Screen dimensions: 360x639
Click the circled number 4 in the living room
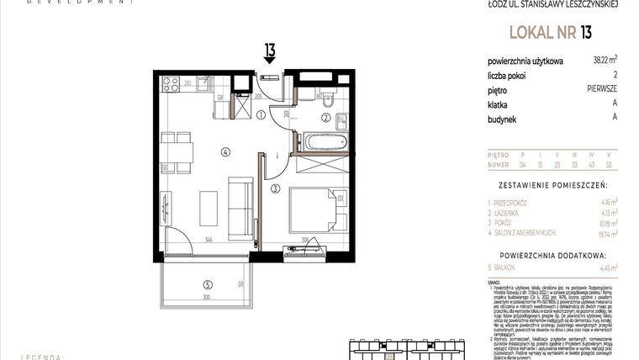[x=224, y=152]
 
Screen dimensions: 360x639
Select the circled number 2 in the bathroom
[x=325, y=117]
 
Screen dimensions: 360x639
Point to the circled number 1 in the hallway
[x=261, y=115]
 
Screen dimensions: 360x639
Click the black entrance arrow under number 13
[x=270, y=68]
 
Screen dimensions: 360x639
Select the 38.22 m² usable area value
[x=602, y=60]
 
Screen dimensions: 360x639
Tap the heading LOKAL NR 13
[x=550, y=33]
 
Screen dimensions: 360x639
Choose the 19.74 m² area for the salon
[x=605, y=236]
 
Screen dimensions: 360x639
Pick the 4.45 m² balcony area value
[x=606, y=267]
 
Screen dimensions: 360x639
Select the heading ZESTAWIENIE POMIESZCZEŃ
[x=552, y=183]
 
